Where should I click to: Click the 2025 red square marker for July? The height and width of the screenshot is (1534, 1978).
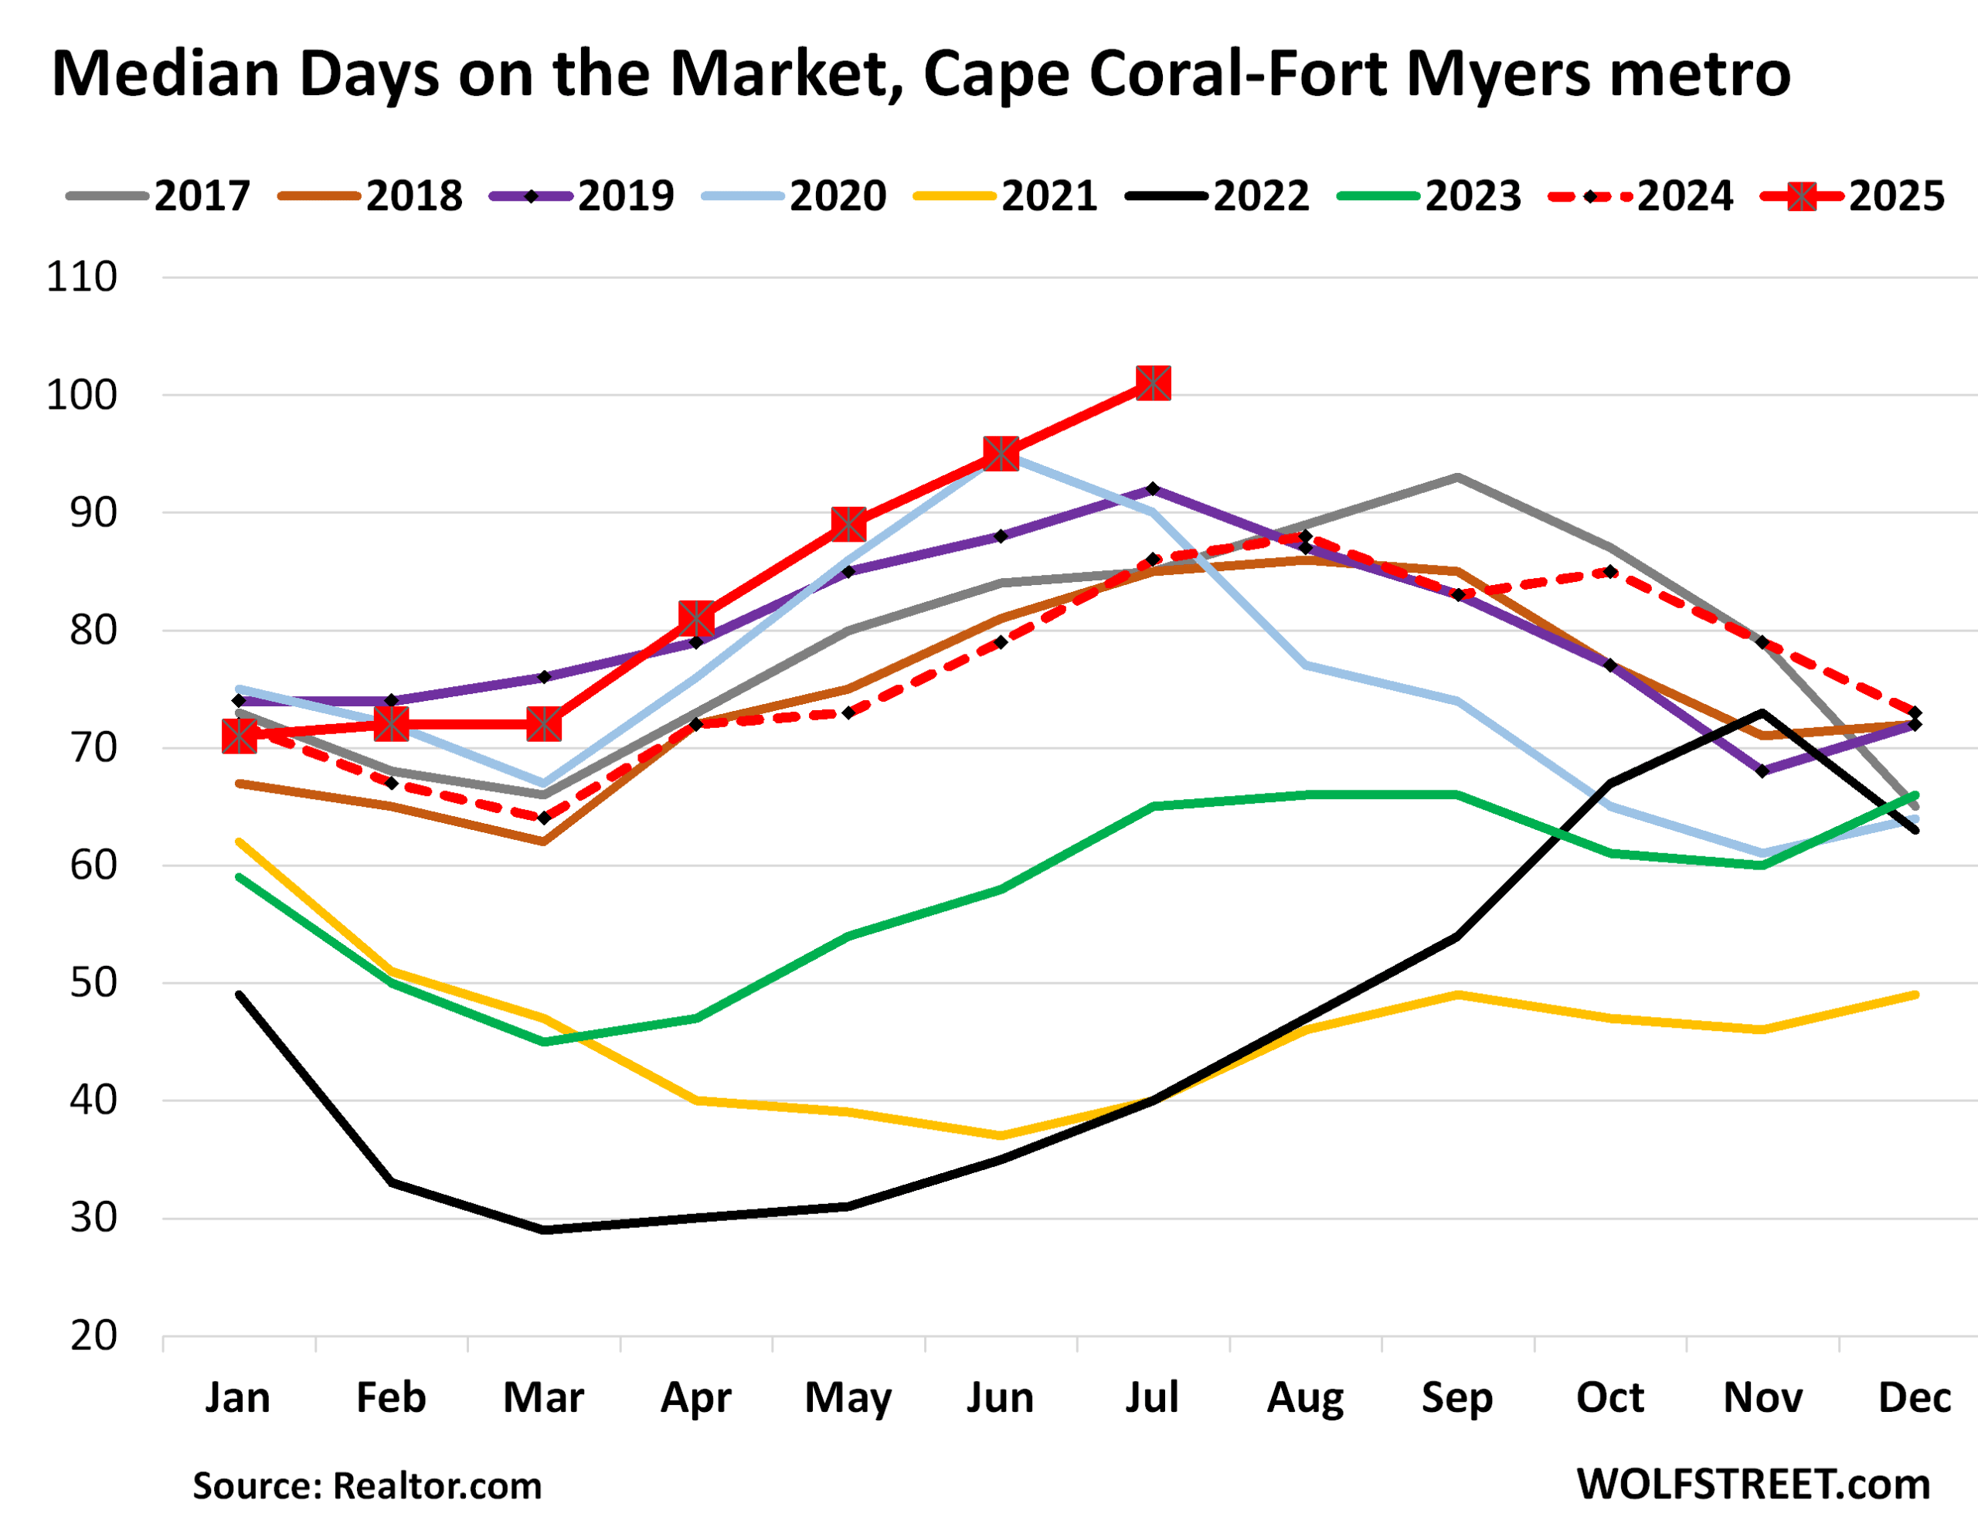click(1152, 383)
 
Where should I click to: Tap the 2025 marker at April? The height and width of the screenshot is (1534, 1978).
click(695, 619)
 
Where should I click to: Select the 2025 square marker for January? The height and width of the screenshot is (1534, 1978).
click(239, 736)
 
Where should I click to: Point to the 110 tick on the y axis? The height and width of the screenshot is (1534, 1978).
click(81, 277)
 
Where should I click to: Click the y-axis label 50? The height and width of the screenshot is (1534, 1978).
click(93, 983)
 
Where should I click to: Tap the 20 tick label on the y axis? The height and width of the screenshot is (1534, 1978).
click(93, 1336)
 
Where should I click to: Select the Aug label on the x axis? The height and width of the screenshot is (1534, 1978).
click(1304, 1398)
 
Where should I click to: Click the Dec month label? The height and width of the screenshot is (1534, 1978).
click(1914, 1398)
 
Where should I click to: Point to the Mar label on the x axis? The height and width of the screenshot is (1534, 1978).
click(543, 1398)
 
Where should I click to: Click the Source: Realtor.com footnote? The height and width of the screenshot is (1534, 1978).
click(367, 1487)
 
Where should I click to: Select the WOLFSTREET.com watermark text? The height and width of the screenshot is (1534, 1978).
click(1753, 1485)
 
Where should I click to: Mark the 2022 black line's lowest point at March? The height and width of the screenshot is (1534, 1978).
click(543, 1230)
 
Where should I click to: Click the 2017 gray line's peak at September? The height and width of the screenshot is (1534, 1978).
click(1456, 477)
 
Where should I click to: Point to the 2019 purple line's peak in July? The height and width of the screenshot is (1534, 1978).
click(1152, 488)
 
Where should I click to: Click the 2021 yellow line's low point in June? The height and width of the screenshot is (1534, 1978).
click(1000, 1135)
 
